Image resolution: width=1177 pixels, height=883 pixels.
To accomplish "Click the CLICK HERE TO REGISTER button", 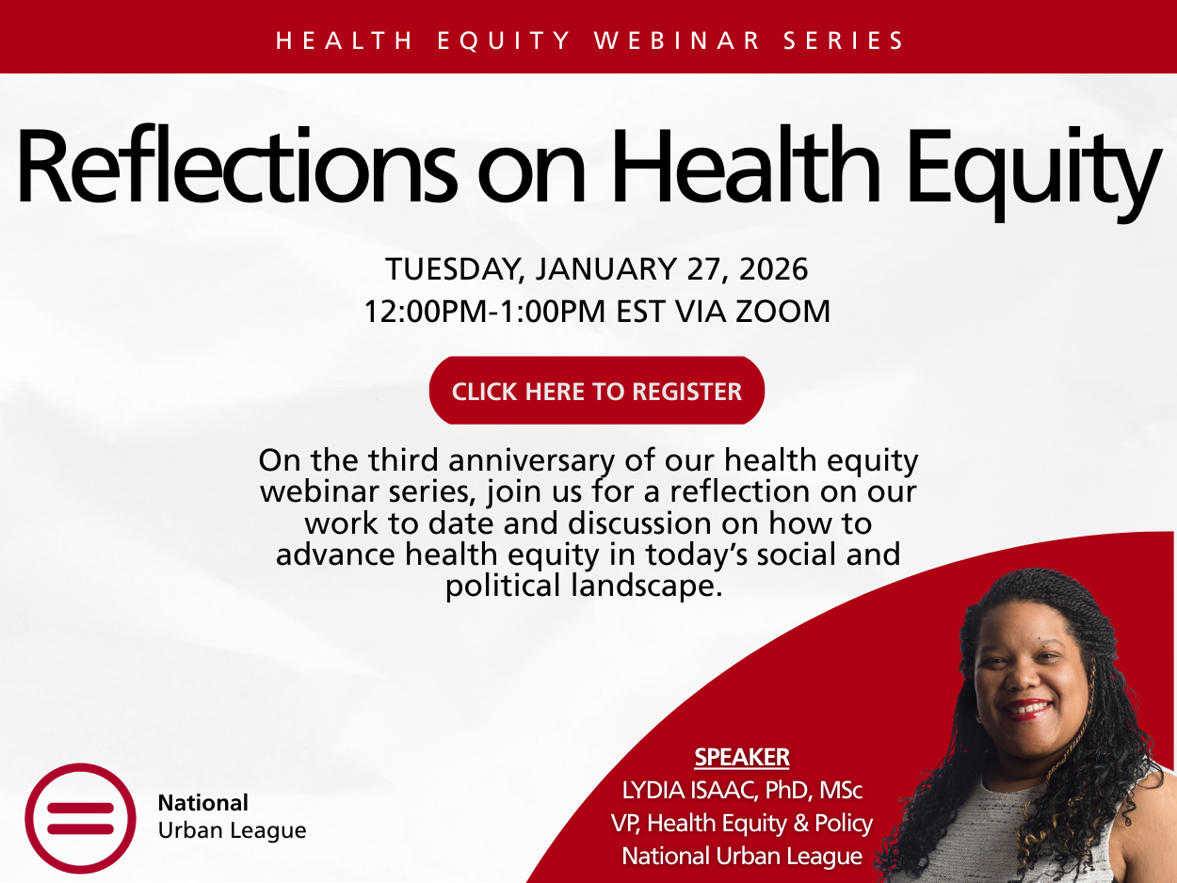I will coord(596,392).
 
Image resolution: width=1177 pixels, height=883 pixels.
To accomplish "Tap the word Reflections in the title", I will coord(231,166).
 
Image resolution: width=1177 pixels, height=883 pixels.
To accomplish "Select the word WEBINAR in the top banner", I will coord(678,40).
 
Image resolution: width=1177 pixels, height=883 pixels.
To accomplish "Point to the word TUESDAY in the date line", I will coord(453,270).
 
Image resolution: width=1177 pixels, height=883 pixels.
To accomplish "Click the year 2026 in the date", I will coord(773,270).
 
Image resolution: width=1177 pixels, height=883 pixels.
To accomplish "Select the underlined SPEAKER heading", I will coord(742,757).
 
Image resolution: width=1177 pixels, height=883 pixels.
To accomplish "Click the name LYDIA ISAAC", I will coord(686,789).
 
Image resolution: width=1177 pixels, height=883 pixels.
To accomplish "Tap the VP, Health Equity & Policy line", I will coord(742,823).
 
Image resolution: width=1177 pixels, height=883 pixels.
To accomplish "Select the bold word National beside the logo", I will coord(202,803).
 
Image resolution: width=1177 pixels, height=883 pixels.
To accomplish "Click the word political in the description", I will coord(501,586).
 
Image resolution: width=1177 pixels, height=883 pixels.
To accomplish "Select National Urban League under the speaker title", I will coord(742,856).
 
